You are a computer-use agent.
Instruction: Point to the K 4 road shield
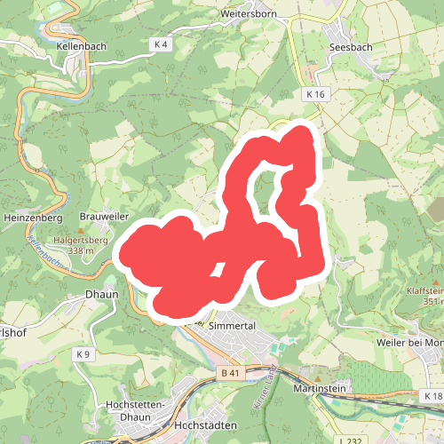click(x=161, y=44)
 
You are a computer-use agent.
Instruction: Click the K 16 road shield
click(x=316, y=93)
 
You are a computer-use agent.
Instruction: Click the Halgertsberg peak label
click(x=79, y=240)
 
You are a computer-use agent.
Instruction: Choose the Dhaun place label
click(x=101, y=293)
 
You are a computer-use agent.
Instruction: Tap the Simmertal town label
click(x=232, y=326)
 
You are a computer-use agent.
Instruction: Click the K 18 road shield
click(x=432, y=395)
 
